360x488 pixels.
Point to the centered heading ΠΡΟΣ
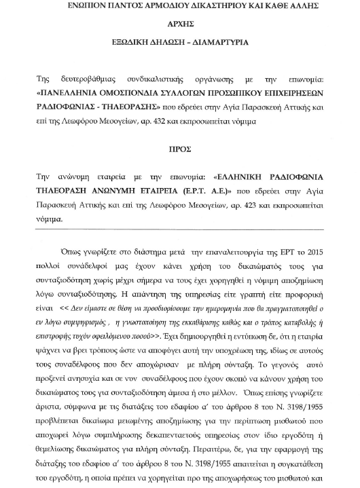[x=180, y=146]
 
